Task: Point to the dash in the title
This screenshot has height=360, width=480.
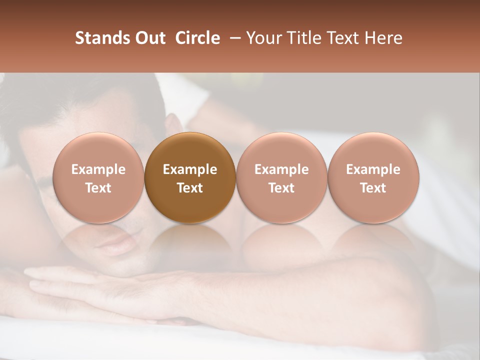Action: pos(233,38)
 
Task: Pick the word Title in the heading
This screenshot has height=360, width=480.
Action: pos(304,38)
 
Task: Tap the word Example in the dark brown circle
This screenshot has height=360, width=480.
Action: pos(190,169)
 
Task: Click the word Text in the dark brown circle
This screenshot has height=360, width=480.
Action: pos(190,188)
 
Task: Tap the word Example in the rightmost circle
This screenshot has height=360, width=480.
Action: pos(373,169)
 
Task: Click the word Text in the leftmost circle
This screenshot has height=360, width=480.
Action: pos(98,188)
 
